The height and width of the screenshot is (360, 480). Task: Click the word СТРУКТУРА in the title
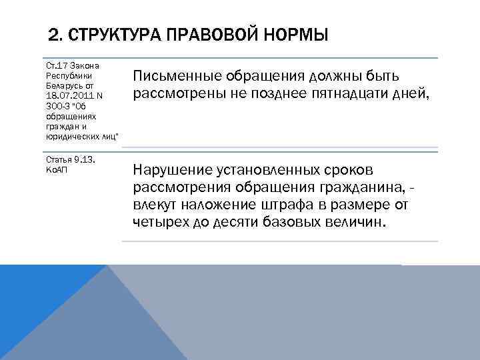tap(109, 34)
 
